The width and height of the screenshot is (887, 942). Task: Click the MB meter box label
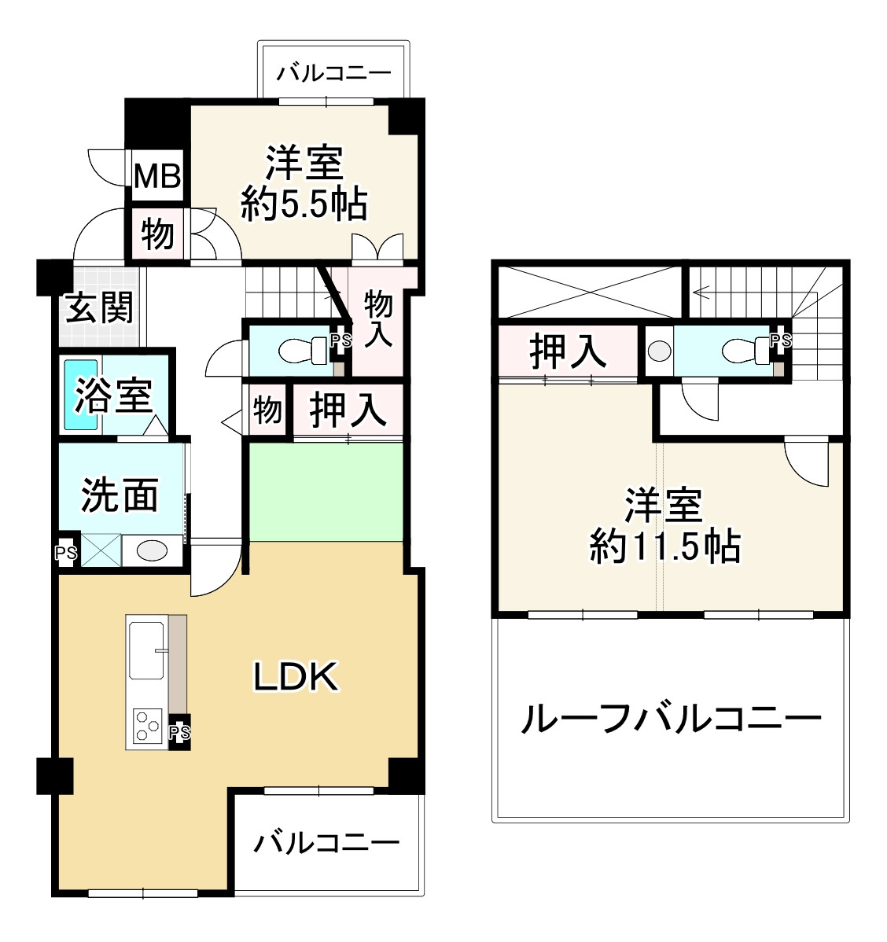coord(157,175)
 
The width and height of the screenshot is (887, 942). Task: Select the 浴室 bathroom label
coord(114,395)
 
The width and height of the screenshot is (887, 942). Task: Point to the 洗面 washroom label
coord(120,495)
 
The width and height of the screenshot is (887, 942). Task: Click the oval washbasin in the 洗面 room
coord(152,550)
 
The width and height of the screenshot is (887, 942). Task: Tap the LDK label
coord(296,676)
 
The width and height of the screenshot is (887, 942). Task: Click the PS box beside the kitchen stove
coord(180,733)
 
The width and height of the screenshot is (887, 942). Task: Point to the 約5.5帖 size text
coord(304,205)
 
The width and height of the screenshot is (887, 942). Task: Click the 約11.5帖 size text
coord(664,545)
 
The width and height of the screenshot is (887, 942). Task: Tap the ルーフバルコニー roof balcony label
coord(671,718)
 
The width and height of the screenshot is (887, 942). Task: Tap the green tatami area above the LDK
coord(326,492)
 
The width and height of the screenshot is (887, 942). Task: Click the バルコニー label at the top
coord(334,74)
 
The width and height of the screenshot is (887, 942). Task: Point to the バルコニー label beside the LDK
coord(326,844)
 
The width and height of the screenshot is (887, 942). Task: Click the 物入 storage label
coord(378,316)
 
